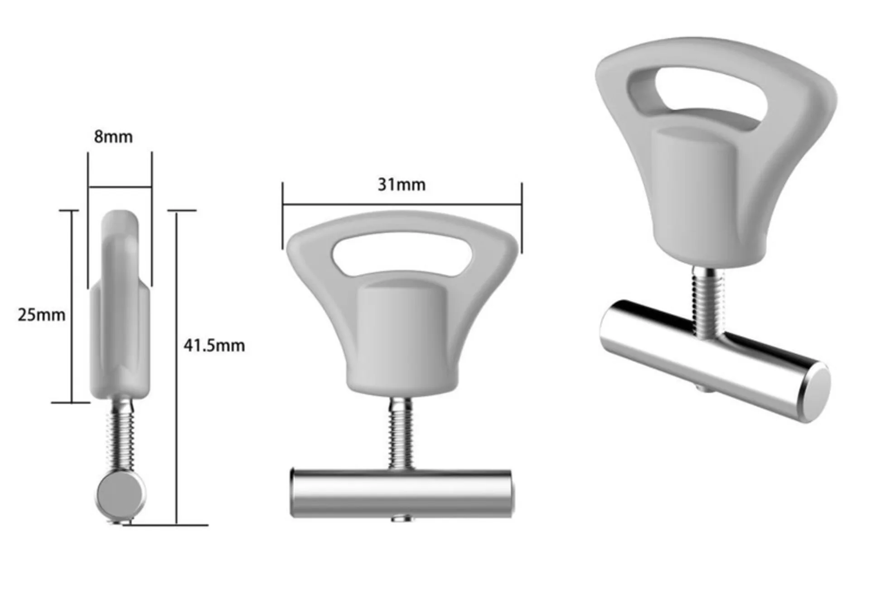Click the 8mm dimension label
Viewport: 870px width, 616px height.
coord(113,137)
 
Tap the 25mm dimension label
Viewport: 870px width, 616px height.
coord(42,315)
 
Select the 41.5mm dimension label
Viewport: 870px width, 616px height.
coord(214,346)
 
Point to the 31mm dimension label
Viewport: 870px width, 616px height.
coord(402,185)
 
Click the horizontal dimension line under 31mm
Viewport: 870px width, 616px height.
coord(402,205)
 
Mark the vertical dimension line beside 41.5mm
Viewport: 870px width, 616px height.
coord(177,368)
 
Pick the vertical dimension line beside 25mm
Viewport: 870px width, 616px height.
coord(72,306)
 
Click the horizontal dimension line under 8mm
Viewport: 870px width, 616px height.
coord(120,187)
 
